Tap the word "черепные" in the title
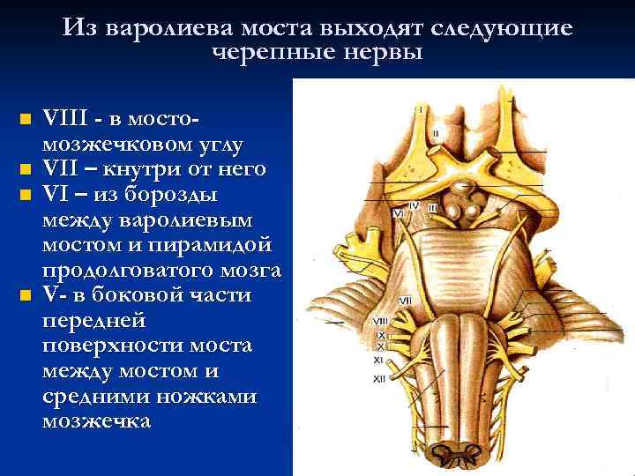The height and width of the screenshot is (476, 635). click(266, 52)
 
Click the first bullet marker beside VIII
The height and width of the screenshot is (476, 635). click(26, 117)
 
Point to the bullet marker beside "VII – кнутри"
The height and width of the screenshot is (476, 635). click(26, 168)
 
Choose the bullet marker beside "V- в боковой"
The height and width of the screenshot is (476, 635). click(26, 294)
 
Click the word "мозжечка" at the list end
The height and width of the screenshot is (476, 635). click(97, 421)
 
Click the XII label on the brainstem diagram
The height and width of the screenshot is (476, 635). click(380, 378)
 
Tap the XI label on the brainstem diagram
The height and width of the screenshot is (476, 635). click(379, 360)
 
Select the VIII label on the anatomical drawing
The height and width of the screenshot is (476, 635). click(381, 320)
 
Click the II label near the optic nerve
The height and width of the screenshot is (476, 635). click(436, 134)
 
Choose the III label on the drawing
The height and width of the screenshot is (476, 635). click(431, 207)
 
